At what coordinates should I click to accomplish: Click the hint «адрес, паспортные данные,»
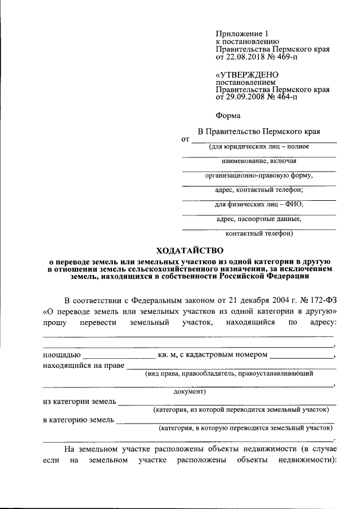259,219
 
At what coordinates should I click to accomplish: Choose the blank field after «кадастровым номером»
301,358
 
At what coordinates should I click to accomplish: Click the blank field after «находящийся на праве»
231,368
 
